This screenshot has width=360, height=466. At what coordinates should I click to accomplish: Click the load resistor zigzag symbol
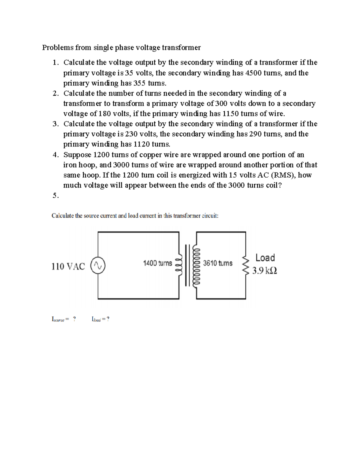coord(246,265)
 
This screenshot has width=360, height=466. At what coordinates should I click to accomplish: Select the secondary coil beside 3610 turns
coord(197,265)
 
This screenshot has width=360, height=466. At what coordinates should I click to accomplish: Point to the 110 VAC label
coord(68,266)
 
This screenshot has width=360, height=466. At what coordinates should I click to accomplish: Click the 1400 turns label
coord(157,263)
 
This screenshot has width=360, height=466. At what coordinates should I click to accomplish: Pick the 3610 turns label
coord(217,263)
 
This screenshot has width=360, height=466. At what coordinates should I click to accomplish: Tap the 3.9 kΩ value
coord(264,271)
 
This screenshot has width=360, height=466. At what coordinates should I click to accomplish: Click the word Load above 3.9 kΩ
coord(265,258)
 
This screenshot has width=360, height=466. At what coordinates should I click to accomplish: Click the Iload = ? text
coord(100,319)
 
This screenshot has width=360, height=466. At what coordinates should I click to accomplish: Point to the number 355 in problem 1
coord(139,83)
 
